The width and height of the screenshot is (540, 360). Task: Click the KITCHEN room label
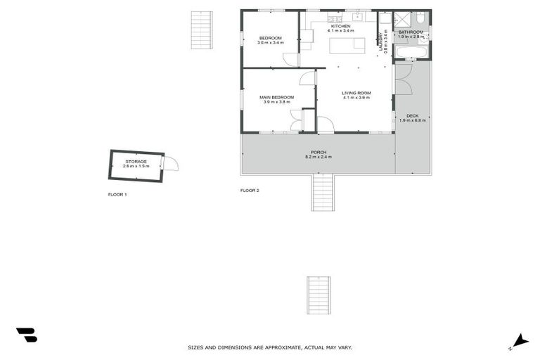(x=340, y=26)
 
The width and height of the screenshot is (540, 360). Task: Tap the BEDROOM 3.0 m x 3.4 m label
(x=271, y=38)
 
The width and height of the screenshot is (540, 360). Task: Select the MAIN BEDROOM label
(x=276, y=97)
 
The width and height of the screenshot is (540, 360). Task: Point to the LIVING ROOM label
(x=356, y=93)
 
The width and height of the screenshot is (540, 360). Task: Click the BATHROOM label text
(x=411, y=32)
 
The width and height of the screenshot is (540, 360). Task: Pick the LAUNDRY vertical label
(x=381, y=41)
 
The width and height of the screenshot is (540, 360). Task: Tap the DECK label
(x=412, y=115)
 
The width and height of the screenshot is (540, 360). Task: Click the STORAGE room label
(x=136, y=162)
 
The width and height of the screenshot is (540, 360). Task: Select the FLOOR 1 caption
(x=117, y=194)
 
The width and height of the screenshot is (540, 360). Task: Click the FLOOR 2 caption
(x=250, y=191)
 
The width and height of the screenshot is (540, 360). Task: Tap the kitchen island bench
(x=348, y=45)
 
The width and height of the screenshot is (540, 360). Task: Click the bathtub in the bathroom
(x=411, y=52)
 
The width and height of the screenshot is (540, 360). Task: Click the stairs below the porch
(x=323, y=192)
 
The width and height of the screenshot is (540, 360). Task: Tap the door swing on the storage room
(x=171, y=163)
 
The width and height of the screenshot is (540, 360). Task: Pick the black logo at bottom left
(x=26, y=335)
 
